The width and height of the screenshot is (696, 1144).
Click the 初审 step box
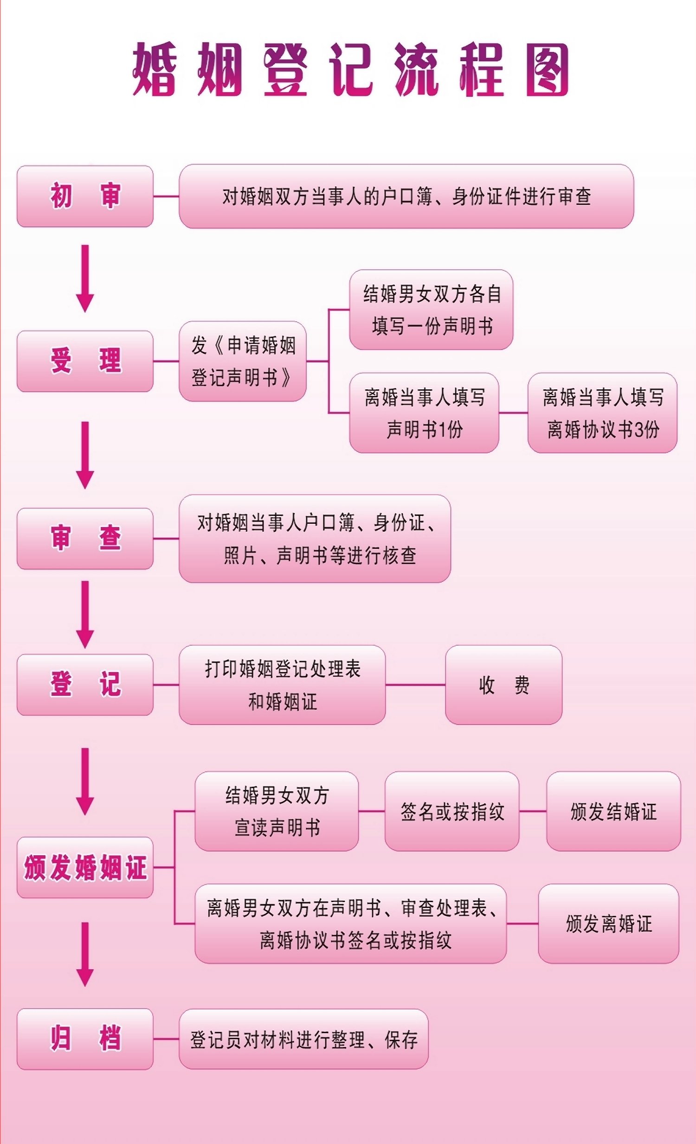click(x=85, y=196)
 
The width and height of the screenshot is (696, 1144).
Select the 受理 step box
click(x=85, y=361)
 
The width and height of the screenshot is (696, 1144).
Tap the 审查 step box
click(x=85, y=539)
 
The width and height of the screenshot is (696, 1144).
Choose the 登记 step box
click(x=85, y=684)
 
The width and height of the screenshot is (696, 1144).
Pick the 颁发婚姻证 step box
click(x=85, y=867)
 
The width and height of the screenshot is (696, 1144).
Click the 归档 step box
click(x=85, y=1039)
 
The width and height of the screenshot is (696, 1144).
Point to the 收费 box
click(x=503, y=685)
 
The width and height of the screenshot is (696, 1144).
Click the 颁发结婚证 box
click(x=613, y=811)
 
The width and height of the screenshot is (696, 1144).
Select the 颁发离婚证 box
click(x=609, y=923)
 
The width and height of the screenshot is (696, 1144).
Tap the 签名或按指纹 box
click(x=451, y=811)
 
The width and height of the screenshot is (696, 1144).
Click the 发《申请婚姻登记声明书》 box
click(x=243, y=361)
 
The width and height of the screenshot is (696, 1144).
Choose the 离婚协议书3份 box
click(x=602, y=413)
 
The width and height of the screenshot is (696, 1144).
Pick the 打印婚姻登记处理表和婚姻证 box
click(x=282, y=685)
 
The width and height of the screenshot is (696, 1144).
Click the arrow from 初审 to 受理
click(x=85, y=279)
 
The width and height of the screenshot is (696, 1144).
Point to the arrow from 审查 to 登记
click(x=85, y=614)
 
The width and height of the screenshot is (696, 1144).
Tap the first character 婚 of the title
click(x=155, y=70)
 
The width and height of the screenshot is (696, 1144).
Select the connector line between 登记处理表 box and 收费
click(x=415, y=684)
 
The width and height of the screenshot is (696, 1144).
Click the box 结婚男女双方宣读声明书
click(x=277, y=811)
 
